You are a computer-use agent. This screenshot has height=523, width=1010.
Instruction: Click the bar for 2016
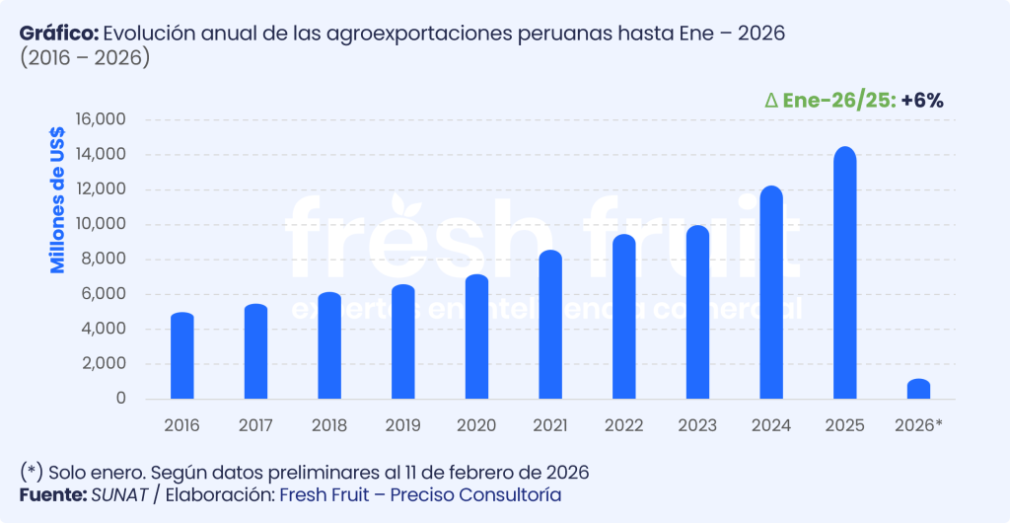pos(181,356)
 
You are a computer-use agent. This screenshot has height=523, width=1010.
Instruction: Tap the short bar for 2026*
pos(918,389)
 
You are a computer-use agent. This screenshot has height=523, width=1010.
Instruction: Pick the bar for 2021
pos(550,325)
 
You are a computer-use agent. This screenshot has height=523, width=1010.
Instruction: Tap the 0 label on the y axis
pos(120,399)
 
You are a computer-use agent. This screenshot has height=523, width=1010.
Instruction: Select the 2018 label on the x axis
pos(329,425)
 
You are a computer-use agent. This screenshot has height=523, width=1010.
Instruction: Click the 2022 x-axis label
pos(624,425)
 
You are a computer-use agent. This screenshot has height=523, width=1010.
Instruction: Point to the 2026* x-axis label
pos(918,425)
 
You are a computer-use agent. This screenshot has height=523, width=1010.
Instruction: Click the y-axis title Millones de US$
pos(58,200)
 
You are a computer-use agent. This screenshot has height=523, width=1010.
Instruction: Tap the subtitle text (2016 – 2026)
pos(85,58)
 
